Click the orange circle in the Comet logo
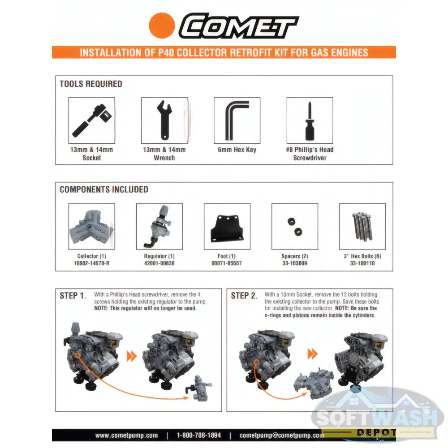tap(161, 26)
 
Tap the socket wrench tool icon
tap(91, 120)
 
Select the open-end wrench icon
tap(164, 120)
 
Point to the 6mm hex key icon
tap(237, 120)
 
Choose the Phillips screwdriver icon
tap(310, 120)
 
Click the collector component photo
tap(92, 226)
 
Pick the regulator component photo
tap(159, 226)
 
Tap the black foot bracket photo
tap(227, 226)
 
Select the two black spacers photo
tap(295, 226)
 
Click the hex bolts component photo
tap(362, 226)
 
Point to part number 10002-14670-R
tap(91, 263)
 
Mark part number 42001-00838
tap(159, 263)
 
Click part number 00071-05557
tap(227, 263)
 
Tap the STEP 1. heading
tap(73, 296)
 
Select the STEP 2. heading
tap(244, 296)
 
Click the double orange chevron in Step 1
tap(131, 356)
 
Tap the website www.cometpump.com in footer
tap(126, 435)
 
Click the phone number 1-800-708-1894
tap(198, 435)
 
